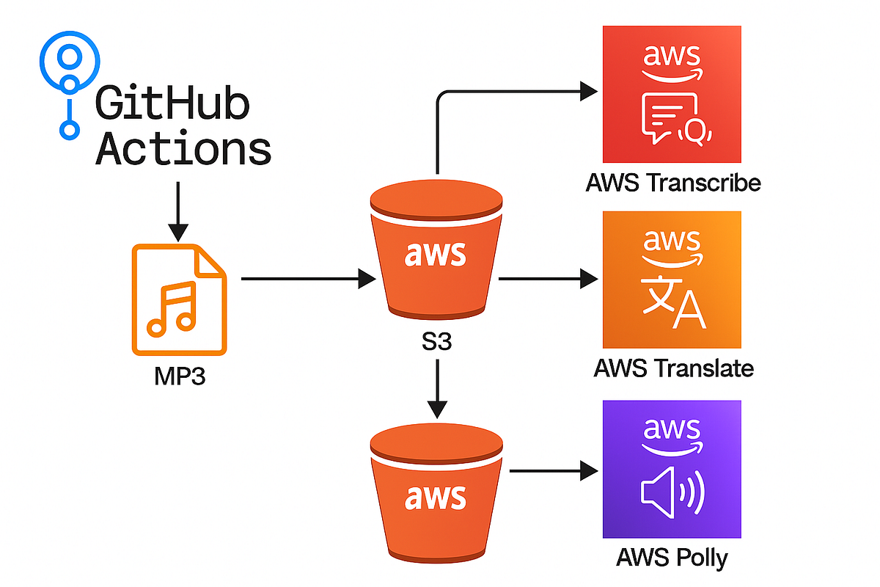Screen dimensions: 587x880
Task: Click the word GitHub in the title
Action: (173, 104)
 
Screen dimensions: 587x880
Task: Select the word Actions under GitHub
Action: (183, 149)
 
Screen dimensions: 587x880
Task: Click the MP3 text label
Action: (179, 379)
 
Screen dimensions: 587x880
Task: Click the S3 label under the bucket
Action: (436, 343)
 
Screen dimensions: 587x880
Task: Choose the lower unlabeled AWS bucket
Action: (436, 495)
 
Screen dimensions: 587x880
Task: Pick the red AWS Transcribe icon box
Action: (671, 94)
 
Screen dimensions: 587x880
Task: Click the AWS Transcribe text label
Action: (672, 183)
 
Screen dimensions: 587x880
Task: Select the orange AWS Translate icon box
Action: (671, 280)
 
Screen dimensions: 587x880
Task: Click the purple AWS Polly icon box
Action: (671, 470)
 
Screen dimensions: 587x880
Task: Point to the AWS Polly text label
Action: (672, 558)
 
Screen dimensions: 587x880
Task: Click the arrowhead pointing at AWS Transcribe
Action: (589, 92)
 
